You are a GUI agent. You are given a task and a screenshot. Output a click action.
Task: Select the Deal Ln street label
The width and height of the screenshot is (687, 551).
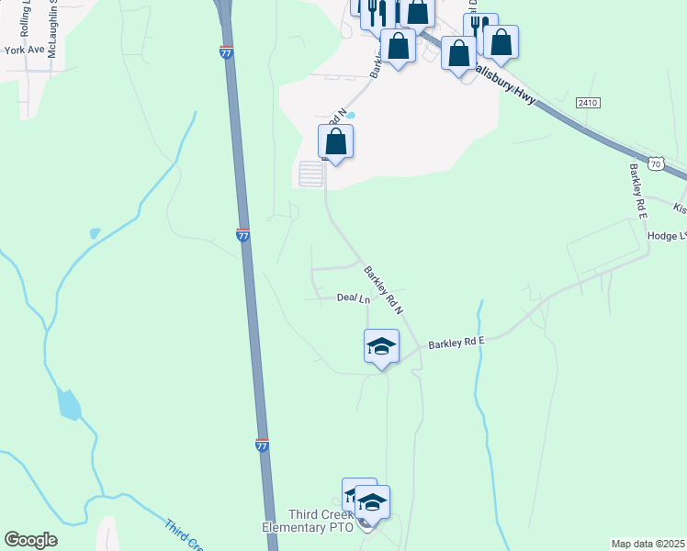(x=354, y=298)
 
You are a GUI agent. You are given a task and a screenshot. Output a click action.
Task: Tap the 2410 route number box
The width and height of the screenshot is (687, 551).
(x=588, y=103)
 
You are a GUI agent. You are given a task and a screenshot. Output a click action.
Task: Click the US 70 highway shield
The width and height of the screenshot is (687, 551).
(x=654, y=163)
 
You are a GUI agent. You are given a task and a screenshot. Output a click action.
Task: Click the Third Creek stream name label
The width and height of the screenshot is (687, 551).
(x=184, y=537)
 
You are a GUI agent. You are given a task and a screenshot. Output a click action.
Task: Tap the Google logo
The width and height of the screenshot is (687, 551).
(x=30, y=540)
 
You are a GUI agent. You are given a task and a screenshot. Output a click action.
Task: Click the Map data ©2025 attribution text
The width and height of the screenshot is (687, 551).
(x=648, y=544)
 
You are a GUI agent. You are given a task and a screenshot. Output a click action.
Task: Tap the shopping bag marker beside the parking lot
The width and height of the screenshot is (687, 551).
(x=336, y=142)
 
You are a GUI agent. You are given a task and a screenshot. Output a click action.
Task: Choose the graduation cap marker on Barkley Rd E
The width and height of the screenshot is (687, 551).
(x=381, y=347)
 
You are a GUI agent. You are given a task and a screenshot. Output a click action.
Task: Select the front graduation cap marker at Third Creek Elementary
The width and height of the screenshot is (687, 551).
(x=372, y=503)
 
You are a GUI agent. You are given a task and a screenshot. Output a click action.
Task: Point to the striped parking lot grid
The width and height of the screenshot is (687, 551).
(x=311, y=174)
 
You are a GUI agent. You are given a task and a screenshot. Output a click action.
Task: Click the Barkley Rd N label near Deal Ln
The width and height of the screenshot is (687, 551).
(x=384, y=287)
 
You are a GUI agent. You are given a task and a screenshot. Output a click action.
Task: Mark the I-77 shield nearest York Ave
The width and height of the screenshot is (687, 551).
(x=226, y=53)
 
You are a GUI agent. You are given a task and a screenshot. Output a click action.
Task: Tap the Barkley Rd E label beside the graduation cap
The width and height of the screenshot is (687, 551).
(x=456, y=343)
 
